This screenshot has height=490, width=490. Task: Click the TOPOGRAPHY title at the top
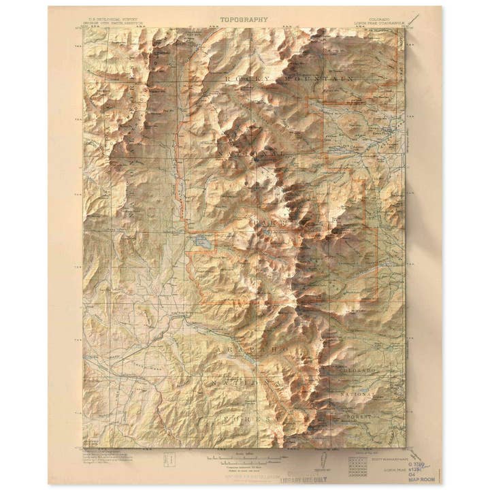click(244, 20)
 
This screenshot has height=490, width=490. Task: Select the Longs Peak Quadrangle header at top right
click(380, 22)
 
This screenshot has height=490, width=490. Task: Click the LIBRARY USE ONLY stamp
click(310, 478)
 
